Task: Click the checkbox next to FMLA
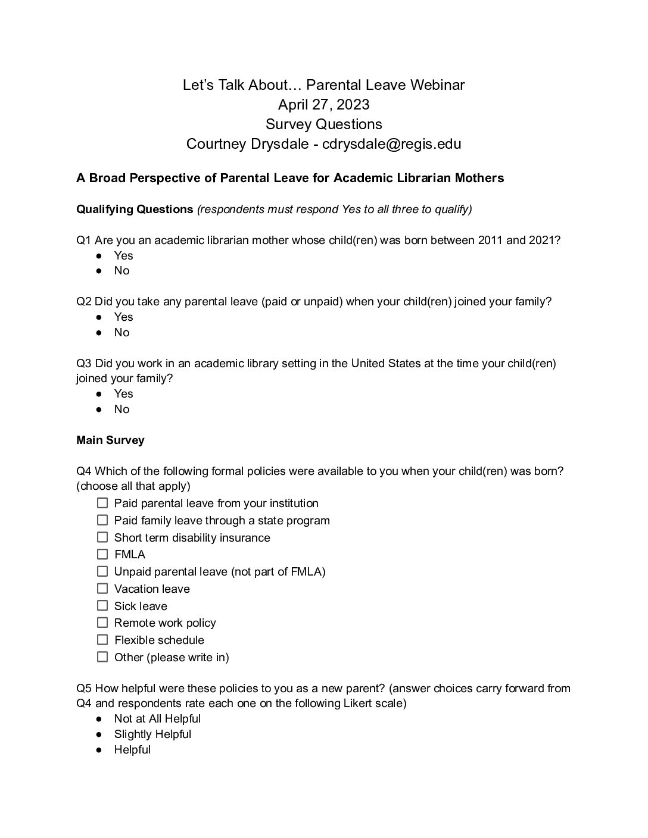102,554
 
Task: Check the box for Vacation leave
102,589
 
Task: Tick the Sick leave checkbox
102,606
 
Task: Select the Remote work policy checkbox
102,623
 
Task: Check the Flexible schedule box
102,640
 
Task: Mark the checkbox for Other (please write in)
102,657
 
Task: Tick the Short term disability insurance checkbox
102,537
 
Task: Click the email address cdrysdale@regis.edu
391,144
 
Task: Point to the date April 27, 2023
323,105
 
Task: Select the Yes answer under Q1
123,255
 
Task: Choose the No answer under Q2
121,332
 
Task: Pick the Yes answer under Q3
123,393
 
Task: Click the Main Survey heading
110,440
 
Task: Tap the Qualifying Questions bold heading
135,209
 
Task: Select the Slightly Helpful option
152,734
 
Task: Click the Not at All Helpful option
157,718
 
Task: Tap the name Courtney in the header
214,144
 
